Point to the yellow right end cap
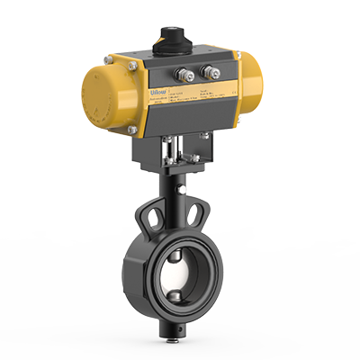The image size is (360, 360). pos(255,85)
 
